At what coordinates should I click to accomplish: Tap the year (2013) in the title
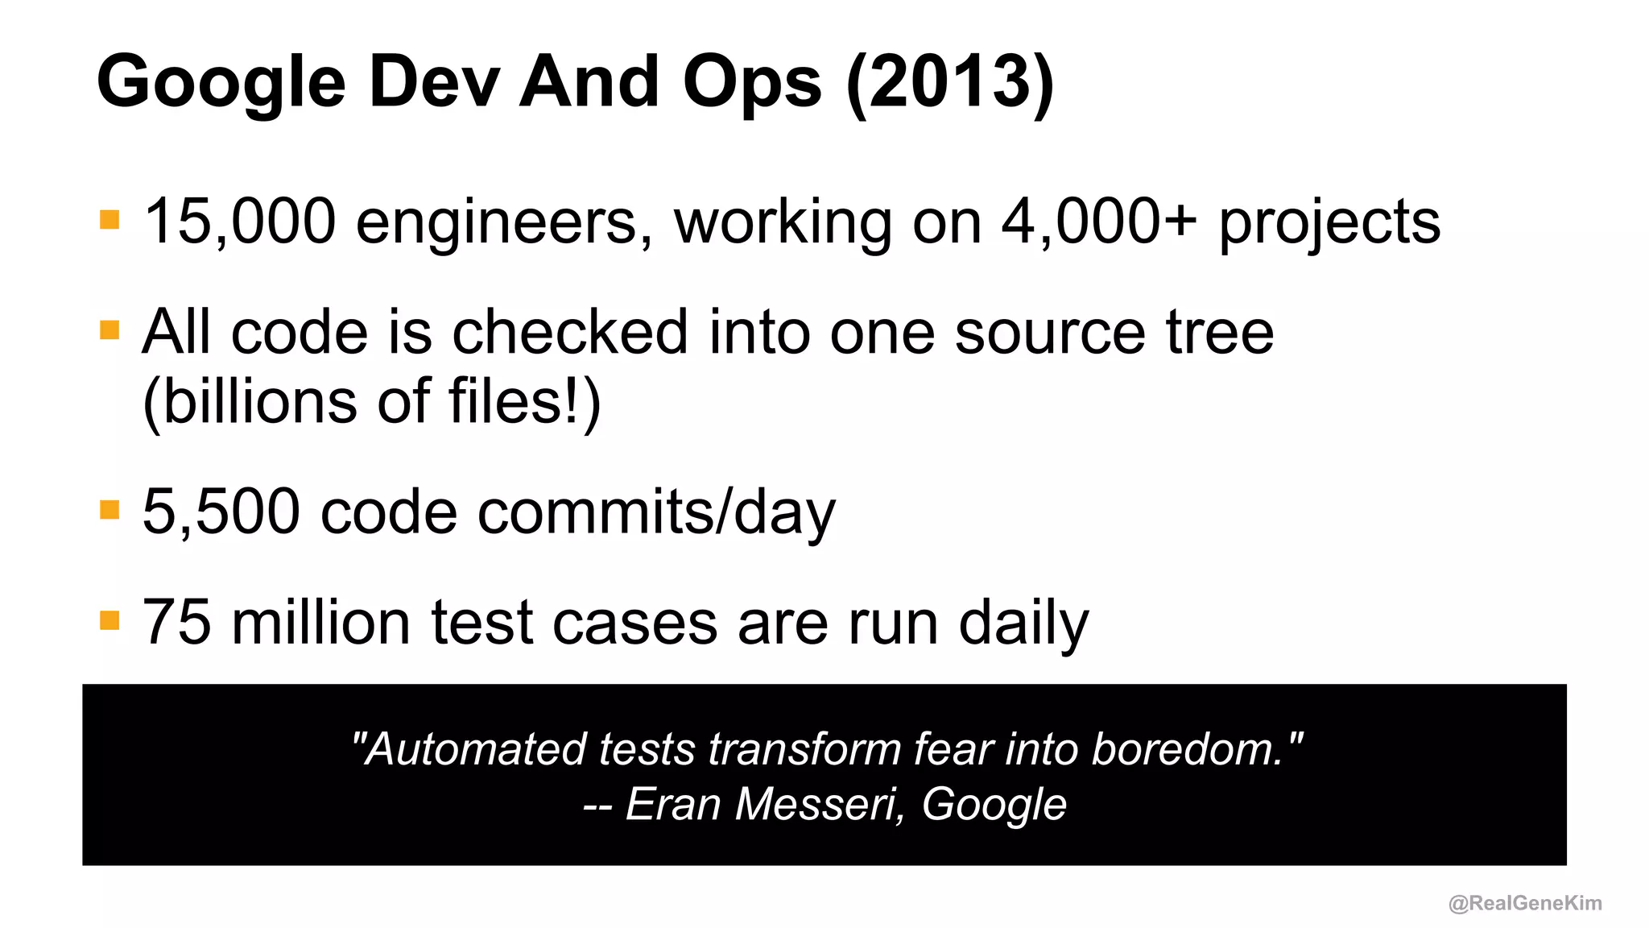point(950,82)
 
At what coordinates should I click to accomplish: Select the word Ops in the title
point(752,84)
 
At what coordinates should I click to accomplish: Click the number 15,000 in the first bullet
point(239,222)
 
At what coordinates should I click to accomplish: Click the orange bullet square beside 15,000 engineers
point(110,219)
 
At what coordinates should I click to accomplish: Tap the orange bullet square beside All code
point(110,330)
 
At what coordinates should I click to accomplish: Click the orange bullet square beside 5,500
point(110,510)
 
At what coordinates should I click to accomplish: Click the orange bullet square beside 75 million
point(110,621)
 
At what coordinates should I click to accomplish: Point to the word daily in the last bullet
point(1023,625)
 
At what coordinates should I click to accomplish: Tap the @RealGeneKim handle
point(1525,903)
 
